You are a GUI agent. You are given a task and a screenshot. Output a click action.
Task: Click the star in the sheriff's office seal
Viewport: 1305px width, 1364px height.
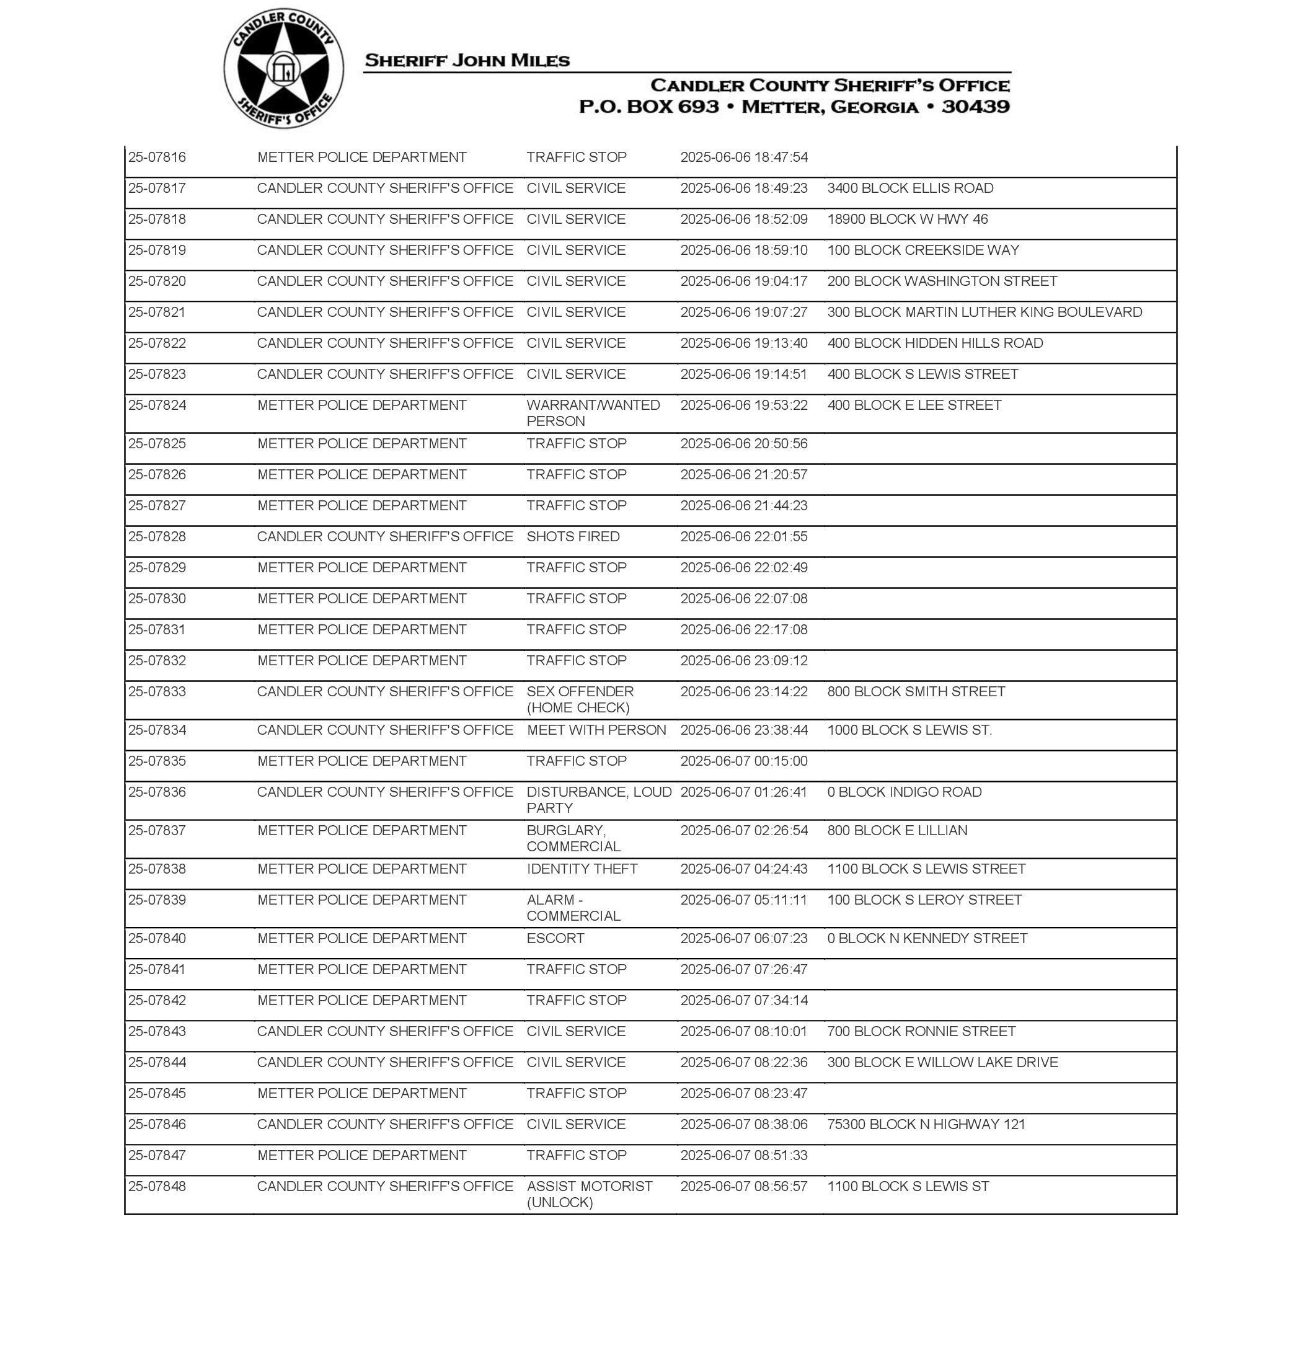283,69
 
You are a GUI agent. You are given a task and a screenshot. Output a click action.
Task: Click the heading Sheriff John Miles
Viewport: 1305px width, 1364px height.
467,61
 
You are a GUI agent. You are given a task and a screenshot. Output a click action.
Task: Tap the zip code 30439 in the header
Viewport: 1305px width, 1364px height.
975,107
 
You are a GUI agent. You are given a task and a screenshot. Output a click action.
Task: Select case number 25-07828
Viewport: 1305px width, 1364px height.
157,536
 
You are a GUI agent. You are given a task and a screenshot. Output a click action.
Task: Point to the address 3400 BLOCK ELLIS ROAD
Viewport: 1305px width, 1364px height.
910,188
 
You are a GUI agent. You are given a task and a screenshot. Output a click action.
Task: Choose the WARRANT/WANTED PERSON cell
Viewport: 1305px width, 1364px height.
593,412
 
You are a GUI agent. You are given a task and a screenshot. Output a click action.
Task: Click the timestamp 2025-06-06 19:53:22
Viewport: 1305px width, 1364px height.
743,405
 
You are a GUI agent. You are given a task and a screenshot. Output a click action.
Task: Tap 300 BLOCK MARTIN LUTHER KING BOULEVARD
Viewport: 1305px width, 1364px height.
984,312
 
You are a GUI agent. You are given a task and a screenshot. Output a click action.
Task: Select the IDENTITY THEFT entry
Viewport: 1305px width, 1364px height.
582,868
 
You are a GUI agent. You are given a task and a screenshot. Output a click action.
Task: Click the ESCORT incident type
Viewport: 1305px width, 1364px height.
555,937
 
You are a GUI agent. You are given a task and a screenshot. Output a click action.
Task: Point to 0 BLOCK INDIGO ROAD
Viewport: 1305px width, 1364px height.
905,792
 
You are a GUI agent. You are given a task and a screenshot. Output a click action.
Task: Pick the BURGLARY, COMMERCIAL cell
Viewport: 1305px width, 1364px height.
573,838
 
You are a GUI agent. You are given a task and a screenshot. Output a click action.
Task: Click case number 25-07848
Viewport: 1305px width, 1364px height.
157,1185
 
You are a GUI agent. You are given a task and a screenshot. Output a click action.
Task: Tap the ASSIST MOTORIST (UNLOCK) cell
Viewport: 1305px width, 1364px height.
589,1193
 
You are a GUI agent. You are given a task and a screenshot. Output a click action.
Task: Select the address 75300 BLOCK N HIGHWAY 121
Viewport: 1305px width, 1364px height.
926,1123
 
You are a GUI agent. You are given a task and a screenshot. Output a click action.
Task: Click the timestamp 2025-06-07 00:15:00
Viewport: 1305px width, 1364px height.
743,760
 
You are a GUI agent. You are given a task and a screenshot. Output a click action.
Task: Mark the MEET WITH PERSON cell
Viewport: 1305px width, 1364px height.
596,730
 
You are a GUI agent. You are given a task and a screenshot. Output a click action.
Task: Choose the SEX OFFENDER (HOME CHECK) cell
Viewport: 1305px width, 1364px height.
580,699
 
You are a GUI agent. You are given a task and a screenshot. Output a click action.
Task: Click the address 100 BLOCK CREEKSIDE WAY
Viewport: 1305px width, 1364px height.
922,250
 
